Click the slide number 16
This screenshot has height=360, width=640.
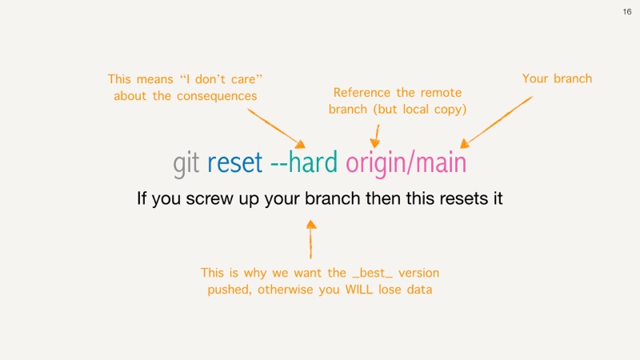(627, 12)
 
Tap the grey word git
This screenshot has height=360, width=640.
(186, 164)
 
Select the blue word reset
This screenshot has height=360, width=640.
(234, 162)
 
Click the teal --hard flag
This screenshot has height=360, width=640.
(304, 162)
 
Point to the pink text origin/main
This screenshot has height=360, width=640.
(406, 164)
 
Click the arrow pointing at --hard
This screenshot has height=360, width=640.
(276, 128)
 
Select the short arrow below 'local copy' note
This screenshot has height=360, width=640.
(375, 136)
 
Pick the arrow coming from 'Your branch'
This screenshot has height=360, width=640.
(496, 122)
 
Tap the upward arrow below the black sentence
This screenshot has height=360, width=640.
(311, 239)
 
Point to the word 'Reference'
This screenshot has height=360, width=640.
(362, 93)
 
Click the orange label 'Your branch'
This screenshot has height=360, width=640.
(557, 78)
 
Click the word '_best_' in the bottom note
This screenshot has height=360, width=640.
(372, 273)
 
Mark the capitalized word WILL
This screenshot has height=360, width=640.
(358, 290)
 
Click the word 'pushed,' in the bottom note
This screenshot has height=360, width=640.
(230, 290)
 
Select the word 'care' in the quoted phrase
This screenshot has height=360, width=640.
(243, 79)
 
